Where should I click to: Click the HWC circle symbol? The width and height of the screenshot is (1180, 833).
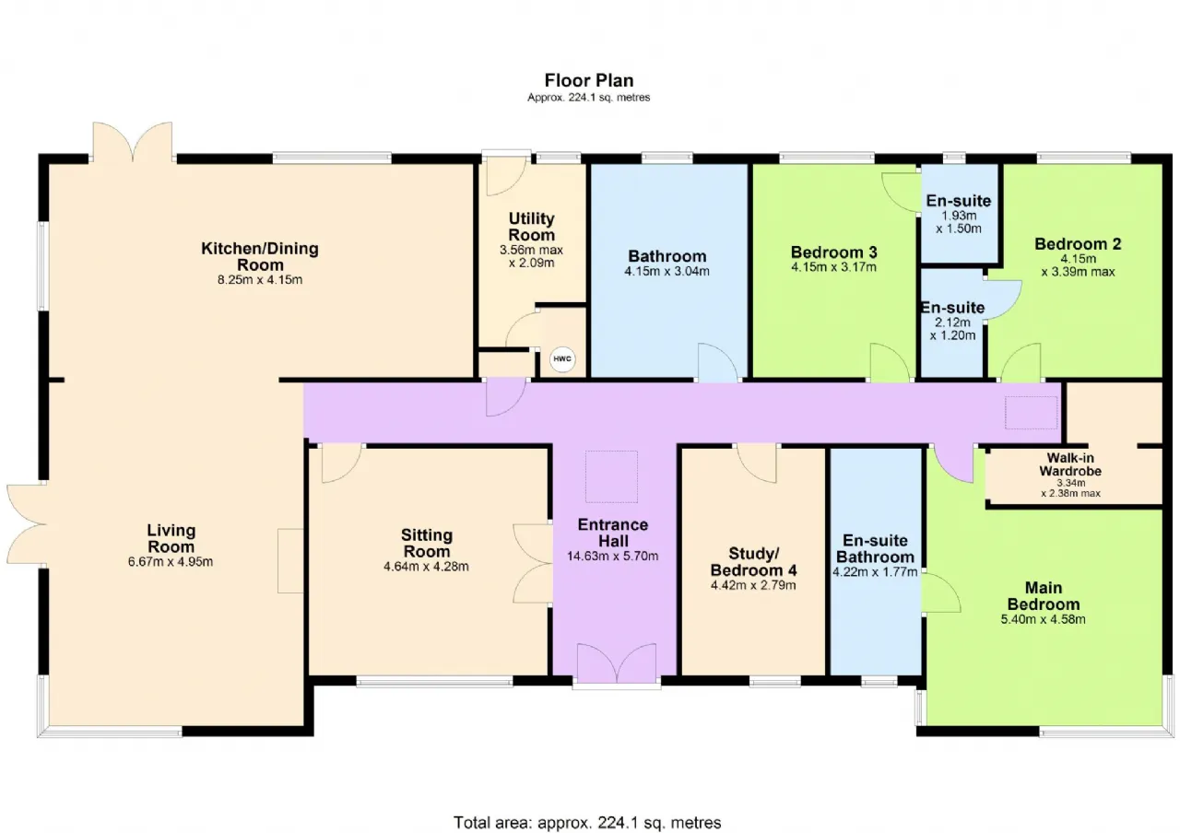562,359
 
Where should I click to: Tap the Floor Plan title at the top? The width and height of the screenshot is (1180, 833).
589,80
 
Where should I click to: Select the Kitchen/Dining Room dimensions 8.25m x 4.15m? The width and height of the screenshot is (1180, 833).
260,279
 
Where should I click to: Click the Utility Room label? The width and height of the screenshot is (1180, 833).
532,227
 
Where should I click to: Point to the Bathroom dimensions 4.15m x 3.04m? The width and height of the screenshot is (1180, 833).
667,271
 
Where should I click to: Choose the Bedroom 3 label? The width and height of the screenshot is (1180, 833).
834,252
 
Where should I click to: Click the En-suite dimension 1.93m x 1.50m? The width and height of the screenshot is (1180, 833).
959,222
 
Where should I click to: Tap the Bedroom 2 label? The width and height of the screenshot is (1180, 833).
1078,244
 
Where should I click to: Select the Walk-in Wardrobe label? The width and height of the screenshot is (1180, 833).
1070,463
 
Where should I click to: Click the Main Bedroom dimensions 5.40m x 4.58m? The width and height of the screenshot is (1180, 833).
1043,619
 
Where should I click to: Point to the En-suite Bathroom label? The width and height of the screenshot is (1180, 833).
875,548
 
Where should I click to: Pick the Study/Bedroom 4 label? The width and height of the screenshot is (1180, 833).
753,562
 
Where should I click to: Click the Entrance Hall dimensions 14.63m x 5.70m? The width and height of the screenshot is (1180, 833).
613,556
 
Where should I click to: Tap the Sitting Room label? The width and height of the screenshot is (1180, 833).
427,544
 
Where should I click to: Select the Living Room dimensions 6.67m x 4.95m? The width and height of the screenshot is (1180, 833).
171,562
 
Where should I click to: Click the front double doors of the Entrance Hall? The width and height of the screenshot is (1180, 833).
617,663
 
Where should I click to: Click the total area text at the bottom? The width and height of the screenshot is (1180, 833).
587,823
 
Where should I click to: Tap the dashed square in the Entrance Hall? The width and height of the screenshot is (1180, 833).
611,476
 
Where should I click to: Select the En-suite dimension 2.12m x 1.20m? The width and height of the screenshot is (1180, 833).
952,329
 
